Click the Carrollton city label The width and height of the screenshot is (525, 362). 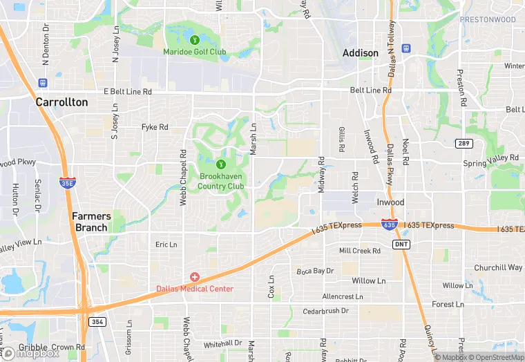point(62,102)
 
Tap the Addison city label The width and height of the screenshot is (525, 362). point(361,53)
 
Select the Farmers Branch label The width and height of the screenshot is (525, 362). point(91,222)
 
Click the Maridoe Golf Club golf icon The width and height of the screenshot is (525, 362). point(195,40)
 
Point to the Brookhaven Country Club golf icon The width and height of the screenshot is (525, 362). point(221,164)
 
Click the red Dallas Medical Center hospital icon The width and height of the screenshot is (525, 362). point(195,277)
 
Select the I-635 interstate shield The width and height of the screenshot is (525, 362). point(390,225)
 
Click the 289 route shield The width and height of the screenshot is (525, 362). point(464,143)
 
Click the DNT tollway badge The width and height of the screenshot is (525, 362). point(401,245)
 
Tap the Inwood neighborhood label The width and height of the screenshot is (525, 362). point(390,202)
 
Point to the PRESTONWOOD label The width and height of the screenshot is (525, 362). point(488,20)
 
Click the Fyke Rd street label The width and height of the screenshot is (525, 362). point(155,127)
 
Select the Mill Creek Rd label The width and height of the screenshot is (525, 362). point(360,251)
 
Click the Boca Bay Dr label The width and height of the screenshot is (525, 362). point(316,271)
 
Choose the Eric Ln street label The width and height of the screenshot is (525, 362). point(166,245)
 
